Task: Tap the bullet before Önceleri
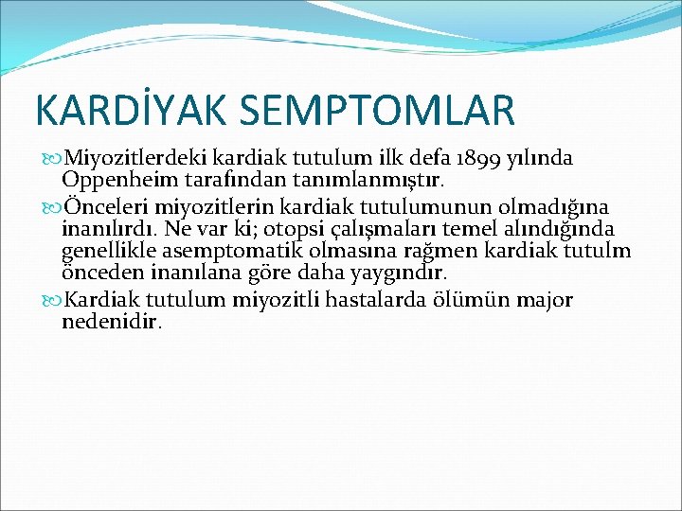point(50,207)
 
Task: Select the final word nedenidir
point(112,322)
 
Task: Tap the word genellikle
point(111,251)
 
